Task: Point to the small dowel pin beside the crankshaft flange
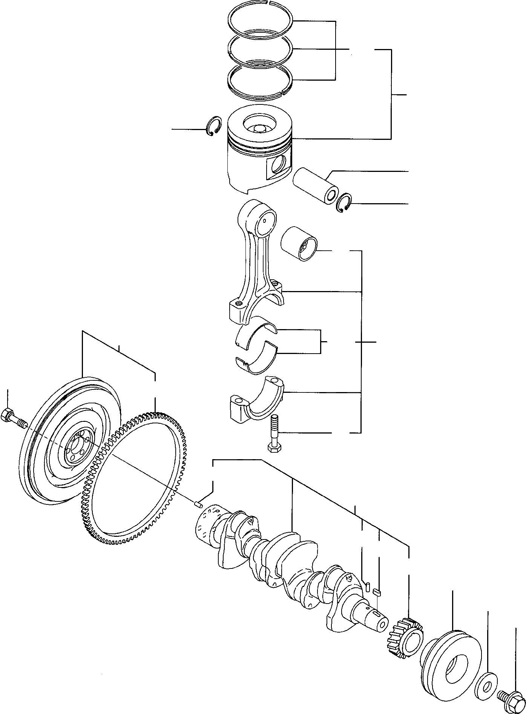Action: point(199,504)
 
